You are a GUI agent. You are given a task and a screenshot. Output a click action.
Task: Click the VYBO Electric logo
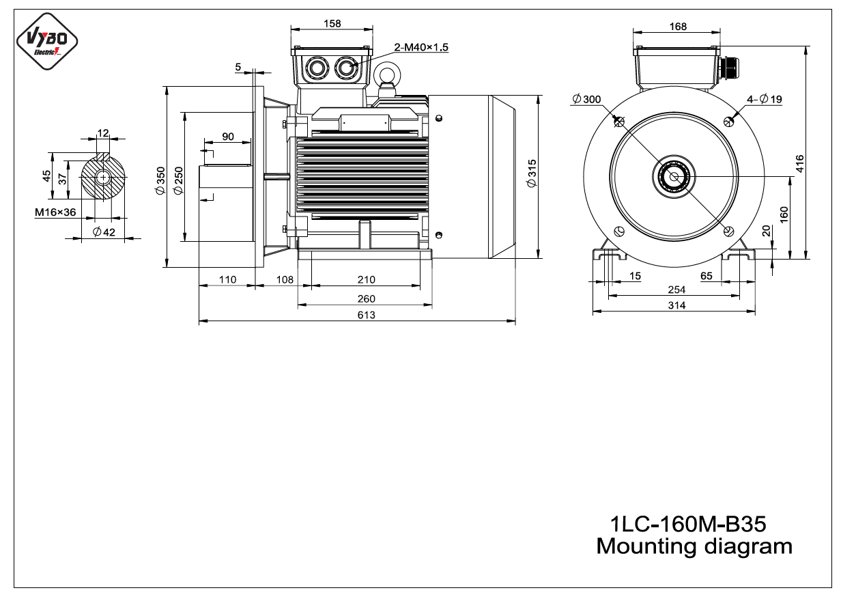point(47,41)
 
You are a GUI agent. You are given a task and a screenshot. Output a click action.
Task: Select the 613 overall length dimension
point(366,315)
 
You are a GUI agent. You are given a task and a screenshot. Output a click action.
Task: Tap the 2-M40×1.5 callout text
point(421,47)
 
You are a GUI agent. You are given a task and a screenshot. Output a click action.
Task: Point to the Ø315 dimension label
point(532,173)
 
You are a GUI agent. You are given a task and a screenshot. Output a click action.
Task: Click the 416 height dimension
point(799,164)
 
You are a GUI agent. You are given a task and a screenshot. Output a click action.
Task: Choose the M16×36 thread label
point(55,212)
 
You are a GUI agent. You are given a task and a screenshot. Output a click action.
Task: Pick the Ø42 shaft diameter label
point(104,232)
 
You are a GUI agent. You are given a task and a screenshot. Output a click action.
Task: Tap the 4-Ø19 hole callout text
point(764,99)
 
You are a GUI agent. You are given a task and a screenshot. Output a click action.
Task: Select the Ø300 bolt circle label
point(586,99)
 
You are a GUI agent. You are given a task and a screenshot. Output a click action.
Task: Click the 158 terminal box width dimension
point(332,24)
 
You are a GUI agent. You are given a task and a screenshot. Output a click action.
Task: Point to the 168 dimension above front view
point(678,27)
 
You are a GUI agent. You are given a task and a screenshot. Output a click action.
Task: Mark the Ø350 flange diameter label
point(160,180)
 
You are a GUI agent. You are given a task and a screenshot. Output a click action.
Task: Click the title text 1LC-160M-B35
point(688,523)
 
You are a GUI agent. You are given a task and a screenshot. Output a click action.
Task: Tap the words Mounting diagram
point(694,546)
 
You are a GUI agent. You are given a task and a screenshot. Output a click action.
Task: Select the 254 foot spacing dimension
point(676,290)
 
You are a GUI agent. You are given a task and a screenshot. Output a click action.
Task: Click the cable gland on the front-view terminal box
point(727,68)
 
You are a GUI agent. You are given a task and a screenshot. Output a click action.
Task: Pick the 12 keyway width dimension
point(103,133)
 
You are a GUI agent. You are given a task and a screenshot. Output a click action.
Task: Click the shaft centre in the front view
point(674,177)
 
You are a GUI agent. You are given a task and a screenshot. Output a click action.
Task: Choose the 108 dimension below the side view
point(285,279)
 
